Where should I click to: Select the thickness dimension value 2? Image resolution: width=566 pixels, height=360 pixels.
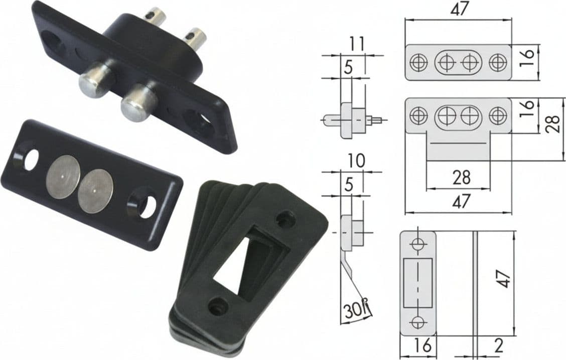[x=498, y=346]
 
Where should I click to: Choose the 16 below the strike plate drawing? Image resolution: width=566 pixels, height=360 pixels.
[x=422, y=345]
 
